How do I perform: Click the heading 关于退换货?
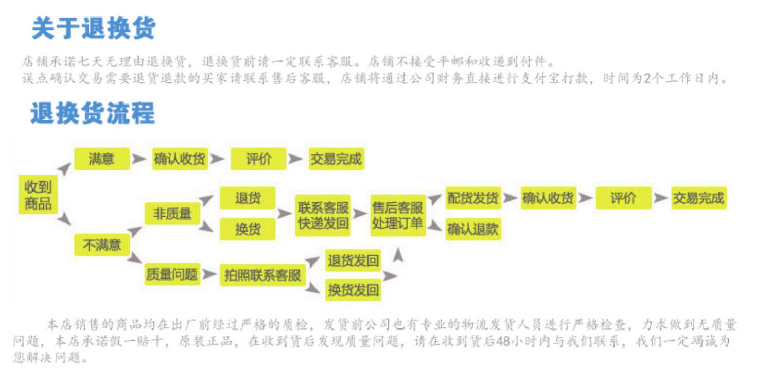(93, 28)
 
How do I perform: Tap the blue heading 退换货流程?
(92, 113)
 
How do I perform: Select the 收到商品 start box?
(38, 195)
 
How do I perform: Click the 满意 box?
(101, 159)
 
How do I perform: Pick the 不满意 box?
(101, 245)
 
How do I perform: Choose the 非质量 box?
(172, 213)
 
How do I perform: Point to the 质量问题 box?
(172, 274)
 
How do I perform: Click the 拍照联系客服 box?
(262, 275)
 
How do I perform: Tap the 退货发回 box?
(353, 261)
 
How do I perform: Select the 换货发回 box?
(353, 290)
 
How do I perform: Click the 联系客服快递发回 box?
(323, 215)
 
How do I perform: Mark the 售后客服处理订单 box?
(398, 215)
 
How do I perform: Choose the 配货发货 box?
(473, 198)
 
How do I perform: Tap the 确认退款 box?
(473, 229)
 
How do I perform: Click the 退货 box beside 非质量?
(248, 198)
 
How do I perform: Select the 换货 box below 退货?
(248, 229)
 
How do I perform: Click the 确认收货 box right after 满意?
(180, 159)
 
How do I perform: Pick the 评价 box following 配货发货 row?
(623, 198)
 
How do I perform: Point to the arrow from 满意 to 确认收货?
(139, 159)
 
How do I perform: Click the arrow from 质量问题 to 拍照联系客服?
(209, 274)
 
